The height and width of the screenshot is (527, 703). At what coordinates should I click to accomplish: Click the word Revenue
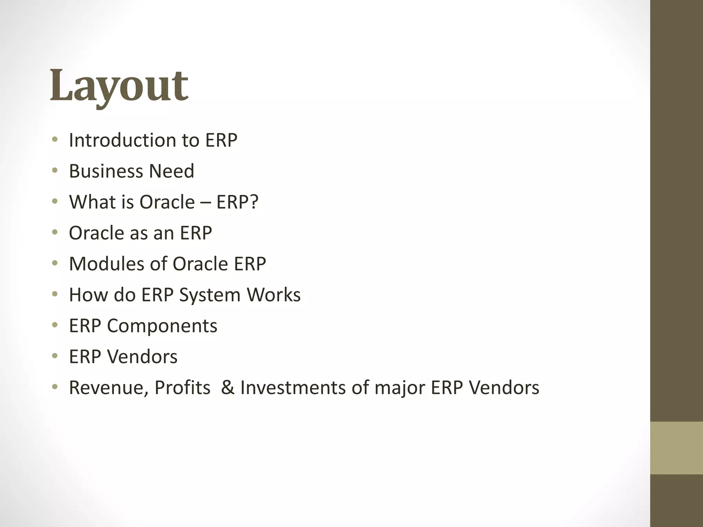[108, 388]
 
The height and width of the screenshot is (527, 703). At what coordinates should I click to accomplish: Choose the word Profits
[182, 388]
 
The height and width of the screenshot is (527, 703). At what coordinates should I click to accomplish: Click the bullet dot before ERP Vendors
[55, 356]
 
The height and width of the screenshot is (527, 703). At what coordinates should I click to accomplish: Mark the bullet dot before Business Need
[55, 171]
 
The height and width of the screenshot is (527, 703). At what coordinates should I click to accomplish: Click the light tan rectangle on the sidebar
[676, 448]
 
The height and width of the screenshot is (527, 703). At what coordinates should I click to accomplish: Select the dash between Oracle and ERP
[206, 202]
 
